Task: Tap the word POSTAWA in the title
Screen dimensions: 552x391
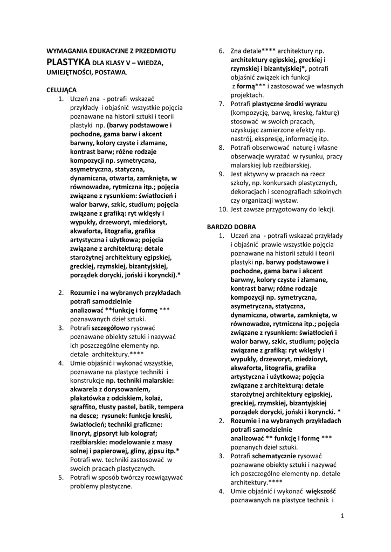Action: pos(110,72)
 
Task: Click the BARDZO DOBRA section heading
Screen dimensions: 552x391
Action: pos(232,227)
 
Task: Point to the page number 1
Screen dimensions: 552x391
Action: pos(342,516)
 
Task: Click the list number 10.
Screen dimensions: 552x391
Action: pos(223,209)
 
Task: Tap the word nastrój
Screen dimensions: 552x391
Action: pos(241,139)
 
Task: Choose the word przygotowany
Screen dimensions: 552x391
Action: pos(284,209)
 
